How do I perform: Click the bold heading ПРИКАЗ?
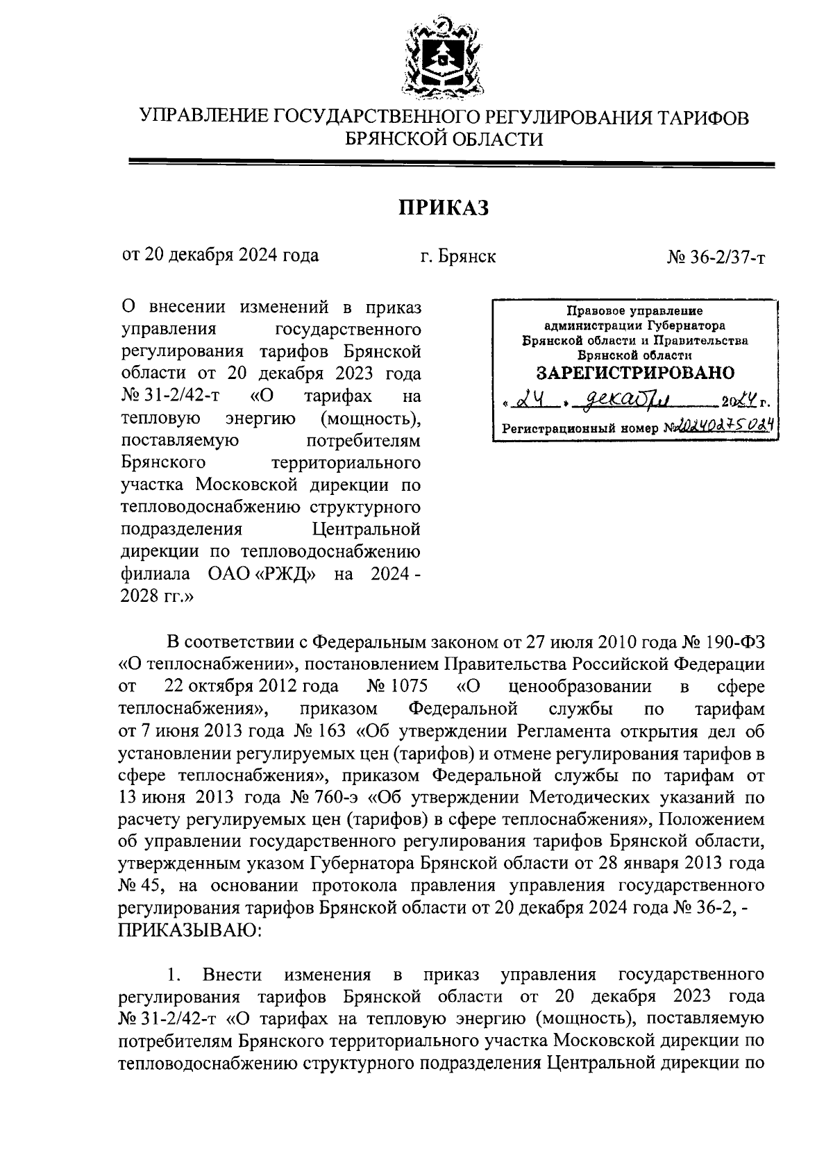[444, 207]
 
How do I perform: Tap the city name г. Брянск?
[457, 256]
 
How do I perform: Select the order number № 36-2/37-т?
[716, 258]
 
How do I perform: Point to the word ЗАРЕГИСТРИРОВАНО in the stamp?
[636, 373]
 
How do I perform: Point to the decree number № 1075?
[395, 687]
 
